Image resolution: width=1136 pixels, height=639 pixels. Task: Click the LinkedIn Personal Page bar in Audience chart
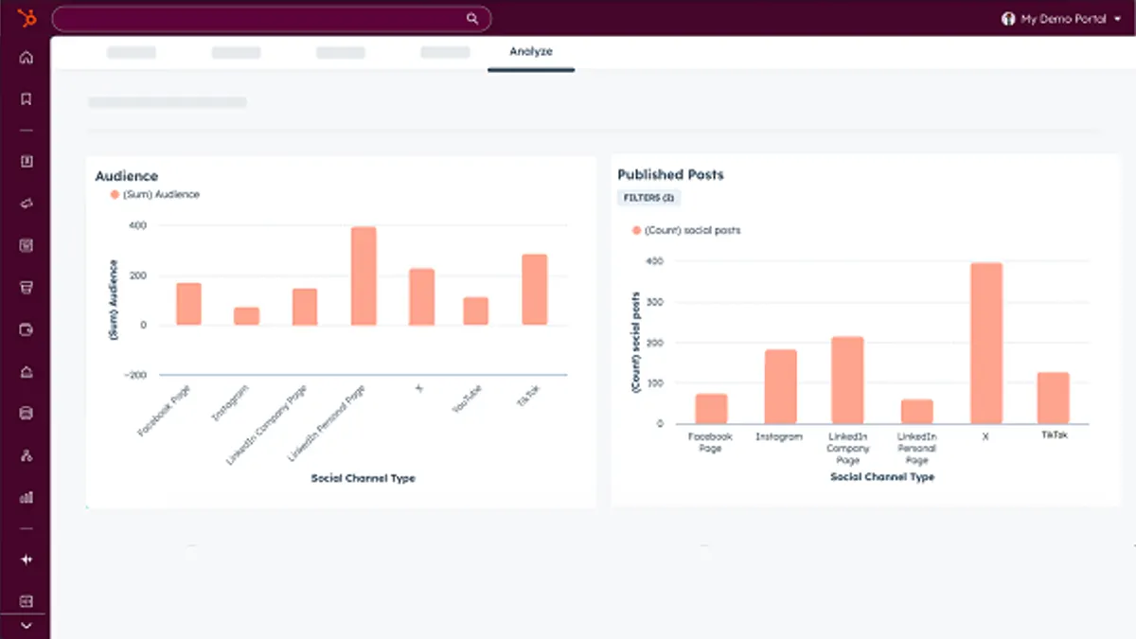click(x=364, y=276)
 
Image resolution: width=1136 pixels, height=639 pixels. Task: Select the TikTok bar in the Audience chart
click(x=534, y=290)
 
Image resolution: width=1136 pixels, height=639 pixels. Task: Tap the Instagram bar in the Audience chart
click(x=246, y=316)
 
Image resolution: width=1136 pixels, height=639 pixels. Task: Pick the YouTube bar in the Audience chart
click(x=475, y=311)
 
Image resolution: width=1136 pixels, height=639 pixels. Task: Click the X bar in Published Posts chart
click(x=985, y=343)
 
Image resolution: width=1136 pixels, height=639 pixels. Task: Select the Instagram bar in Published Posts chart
click(x=781, y=386)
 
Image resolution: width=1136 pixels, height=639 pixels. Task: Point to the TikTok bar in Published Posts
click(x=1053, y=398)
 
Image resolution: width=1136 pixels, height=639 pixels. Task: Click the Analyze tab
click(x=531, y=52)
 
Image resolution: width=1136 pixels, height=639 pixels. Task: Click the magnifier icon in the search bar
click(x=472, y=18)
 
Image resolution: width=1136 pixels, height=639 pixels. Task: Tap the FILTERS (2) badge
click(x=648, y=198)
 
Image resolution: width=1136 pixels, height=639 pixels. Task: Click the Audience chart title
click(x=126, y=176)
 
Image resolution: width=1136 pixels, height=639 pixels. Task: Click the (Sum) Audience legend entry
click(x=155, y=194)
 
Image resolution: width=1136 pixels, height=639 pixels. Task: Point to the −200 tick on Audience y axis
click(x=133, y=375)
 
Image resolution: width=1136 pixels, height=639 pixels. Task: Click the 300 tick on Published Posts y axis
click(x=655, y=302)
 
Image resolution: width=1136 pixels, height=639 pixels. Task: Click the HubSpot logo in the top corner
click(x=26, y=18)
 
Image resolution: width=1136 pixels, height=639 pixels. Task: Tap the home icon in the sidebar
click(x=26, y=58)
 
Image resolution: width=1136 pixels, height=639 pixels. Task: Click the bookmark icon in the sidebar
click(x=26, y=98)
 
